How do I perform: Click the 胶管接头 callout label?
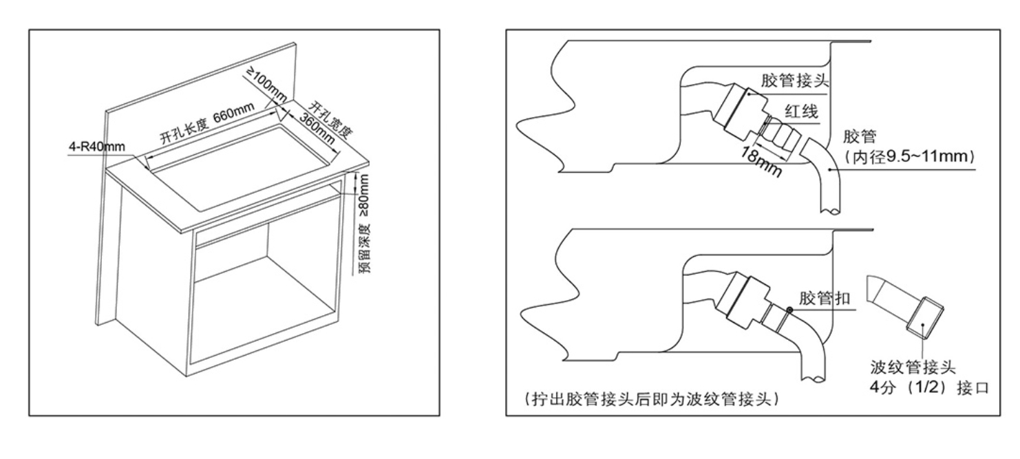pos(793,81)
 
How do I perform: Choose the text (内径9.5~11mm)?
pos(906,158)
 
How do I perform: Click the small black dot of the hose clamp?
pos(790,310)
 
